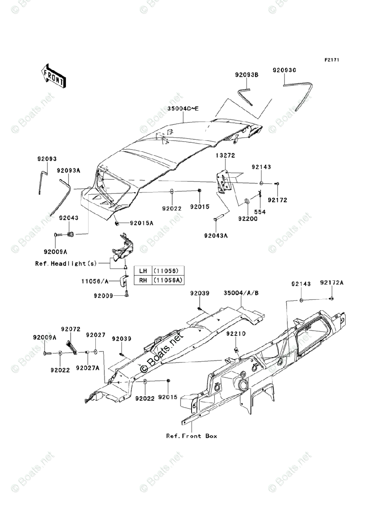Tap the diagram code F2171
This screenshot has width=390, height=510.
tap(331, 60)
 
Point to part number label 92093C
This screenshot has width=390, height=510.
tap(284, 69)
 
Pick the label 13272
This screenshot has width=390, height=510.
tap(225, 156)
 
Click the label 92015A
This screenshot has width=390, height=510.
tap(142, 223)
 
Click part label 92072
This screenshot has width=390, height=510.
tap(71, 329)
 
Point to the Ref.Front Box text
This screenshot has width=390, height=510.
tap(192, 436)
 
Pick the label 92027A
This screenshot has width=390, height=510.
tap(88, 368)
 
